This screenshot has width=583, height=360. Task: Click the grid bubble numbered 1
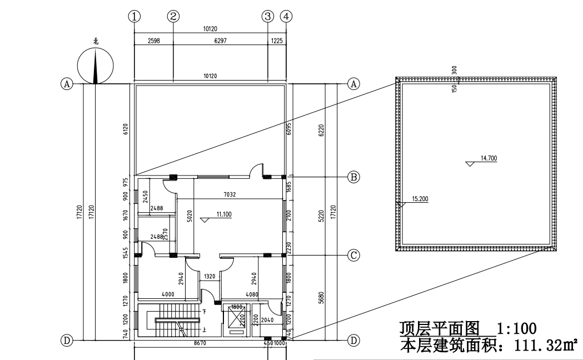tap(134, 16)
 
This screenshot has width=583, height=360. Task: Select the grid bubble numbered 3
tap(268, 16)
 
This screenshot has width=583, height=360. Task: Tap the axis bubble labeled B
tap(353, 177)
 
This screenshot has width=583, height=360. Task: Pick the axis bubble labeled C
tap(353, 256)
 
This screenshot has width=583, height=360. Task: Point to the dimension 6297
tap(221, 41)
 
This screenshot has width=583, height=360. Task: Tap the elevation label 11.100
tap(223, 214)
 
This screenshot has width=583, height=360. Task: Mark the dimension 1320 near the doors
tap(210, 276)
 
